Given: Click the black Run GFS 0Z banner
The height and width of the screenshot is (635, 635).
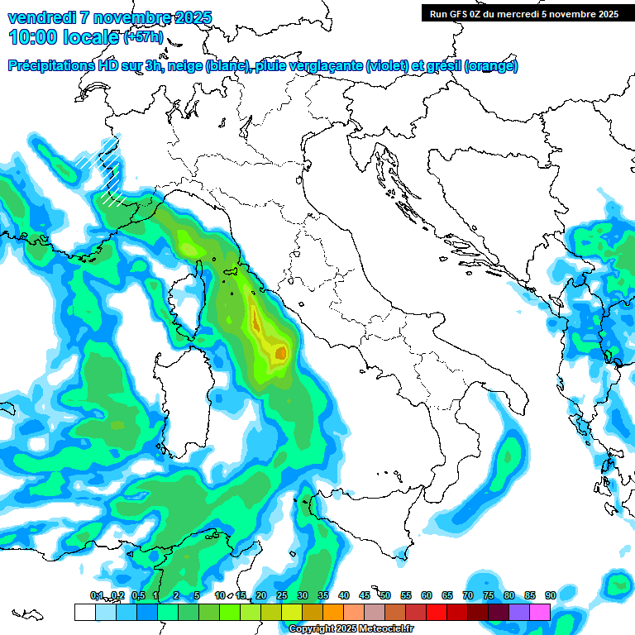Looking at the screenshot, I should (x=524, y=13).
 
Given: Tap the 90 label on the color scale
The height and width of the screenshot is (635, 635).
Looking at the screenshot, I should (x=551, y=595).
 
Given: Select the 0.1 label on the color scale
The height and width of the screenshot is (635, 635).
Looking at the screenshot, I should (x=97, y=595).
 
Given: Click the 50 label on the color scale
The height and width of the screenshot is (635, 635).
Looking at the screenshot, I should (x=385, y=595).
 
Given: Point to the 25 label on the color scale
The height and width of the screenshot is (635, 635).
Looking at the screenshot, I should (x=282, y=595).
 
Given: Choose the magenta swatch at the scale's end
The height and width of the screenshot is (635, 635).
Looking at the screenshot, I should (x=540, y=612).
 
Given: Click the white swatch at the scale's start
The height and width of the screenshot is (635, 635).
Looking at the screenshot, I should (x=84, y=612).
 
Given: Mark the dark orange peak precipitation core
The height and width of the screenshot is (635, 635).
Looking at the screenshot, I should (x=280, y=354).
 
